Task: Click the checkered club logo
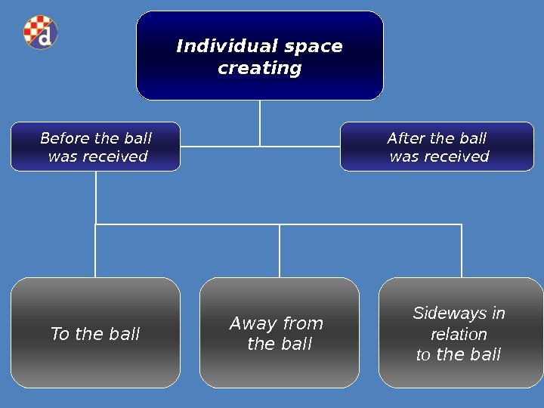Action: [x=40, y=32]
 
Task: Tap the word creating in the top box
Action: [x=259, y=69]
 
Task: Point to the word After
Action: [x=405, y=138]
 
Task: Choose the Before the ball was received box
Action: [x=96, y=147]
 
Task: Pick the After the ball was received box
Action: [x=437, y=147]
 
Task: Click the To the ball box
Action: [x=95, y=333]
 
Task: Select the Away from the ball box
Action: [x=280, y=333]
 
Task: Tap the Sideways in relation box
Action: [x=460, y=333]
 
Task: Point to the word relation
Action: [x=459, y=334]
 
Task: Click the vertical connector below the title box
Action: [x=260, y=122]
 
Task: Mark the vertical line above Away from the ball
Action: [x=280, y=251]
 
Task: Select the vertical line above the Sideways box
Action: [x=461, y=251]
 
